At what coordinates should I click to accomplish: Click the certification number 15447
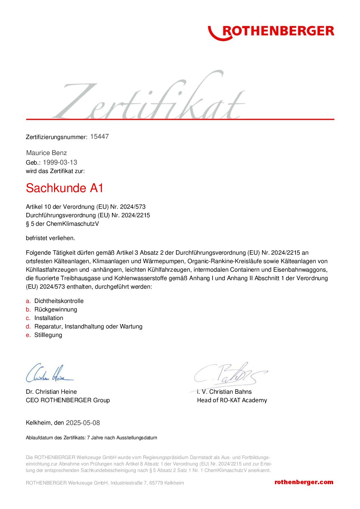(99, 137)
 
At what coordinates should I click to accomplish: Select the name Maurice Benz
(47, 153)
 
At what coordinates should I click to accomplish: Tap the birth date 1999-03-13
(60, 163)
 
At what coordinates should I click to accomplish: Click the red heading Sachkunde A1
(65, 188)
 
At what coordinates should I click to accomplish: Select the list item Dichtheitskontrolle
(59, 301)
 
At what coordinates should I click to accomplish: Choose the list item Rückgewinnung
(56, 309)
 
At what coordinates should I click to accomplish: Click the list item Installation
(49, 318)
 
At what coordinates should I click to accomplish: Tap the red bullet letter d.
(28, 326)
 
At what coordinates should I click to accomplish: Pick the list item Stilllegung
(48, 335)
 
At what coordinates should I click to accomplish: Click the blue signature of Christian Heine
(49, 373)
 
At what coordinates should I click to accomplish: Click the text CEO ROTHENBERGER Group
(68, 400)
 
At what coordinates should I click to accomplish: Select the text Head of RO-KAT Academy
(232, 400)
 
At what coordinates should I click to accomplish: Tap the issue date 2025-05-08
(83, 423)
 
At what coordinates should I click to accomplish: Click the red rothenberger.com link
(304, 482)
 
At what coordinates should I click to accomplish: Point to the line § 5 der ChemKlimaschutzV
(62, 224)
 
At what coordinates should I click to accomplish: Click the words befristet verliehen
(50, 238)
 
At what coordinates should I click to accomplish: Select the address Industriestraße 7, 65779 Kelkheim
(147, 483)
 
